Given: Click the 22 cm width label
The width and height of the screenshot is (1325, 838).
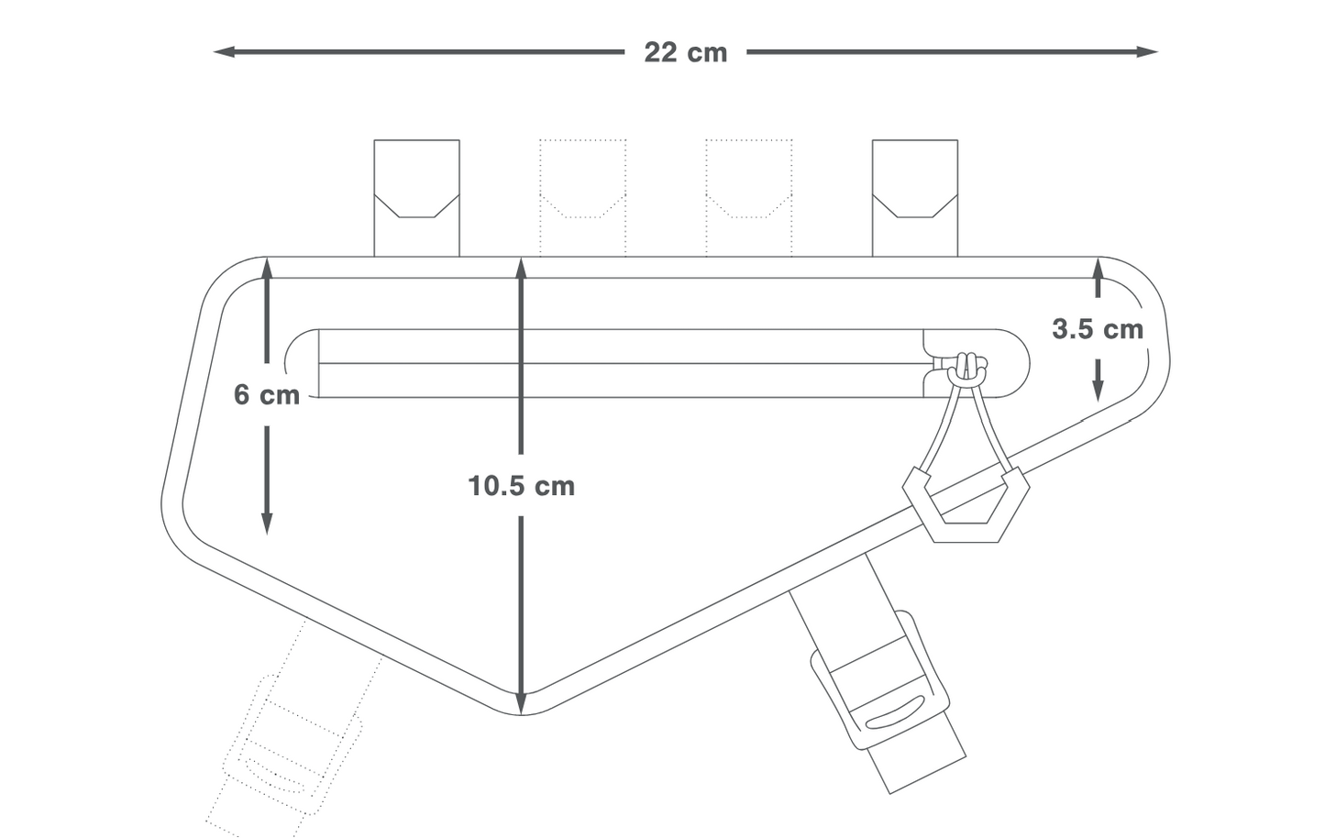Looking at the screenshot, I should (x=685, y=52).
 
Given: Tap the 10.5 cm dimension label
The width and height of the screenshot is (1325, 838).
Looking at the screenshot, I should (x=521, y=485).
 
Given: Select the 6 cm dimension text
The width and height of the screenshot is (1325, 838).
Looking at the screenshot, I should (x=266, y=394).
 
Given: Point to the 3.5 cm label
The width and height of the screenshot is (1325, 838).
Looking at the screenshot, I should (x=1097, y=329).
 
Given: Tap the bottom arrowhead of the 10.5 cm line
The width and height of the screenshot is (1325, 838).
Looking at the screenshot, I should (x=521, y=703).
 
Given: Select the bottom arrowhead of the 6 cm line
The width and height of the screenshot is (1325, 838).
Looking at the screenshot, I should (x=267, y=524).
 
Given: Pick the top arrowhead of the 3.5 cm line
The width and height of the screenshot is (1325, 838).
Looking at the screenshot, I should (x=1098, y=267).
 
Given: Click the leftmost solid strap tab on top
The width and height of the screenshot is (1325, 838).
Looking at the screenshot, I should (x=416, y=197).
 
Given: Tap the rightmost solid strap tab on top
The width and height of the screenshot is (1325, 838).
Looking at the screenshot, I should (x=914, y=197).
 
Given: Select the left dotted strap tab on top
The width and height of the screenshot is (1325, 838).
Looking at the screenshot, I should (x=582, y=197).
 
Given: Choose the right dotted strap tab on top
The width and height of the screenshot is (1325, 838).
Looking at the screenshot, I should (x=748, y=197).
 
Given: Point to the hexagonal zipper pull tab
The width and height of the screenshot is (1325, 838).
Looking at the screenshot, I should (x=966, y=504).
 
